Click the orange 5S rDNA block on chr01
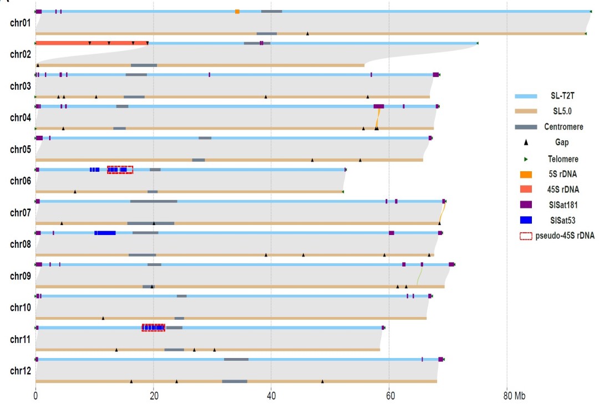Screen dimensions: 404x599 pyautogui.click(x=237, y=12)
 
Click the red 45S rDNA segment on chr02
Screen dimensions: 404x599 pyautogui.click(x=92, y=43)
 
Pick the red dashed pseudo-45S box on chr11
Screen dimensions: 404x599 pyautogui.click(x=154, y=328)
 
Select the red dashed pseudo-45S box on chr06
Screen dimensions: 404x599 pyautogui.click(x=120, y=170)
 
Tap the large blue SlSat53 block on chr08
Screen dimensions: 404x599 pyautogui.click(x=105, y=233)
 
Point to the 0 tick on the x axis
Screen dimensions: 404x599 pyautogui.click(x=35, y=397)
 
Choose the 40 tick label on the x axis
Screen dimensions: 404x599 pyautogui.click(x=271, y=397)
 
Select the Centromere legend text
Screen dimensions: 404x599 pyautogui.click(x=562, y=127)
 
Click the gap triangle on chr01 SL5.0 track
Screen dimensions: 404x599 pyautogui.click(x=307, y=33)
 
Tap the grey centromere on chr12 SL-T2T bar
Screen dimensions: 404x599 pyautogui.click(x=236, y=359)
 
